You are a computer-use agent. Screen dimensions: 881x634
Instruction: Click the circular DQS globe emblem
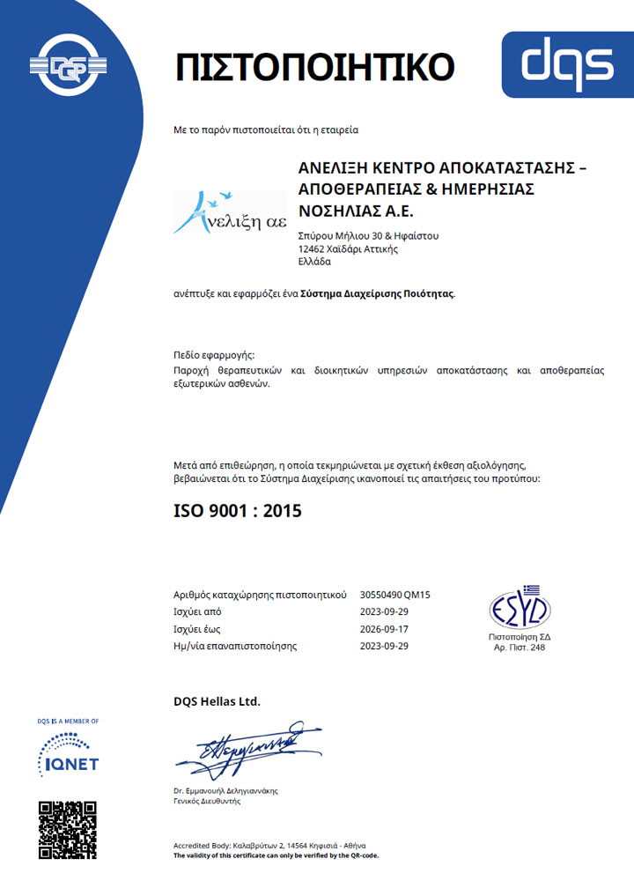pos(66,65)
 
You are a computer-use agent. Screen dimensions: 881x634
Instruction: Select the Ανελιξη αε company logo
pos(230,212)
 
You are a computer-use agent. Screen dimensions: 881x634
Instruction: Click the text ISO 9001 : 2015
pos(238,511)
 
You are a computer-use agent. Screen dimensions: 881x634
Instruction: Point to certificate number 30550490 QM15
pos(395,595)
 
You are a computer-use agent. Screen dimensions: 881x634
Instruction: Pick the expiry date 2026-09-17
pos(385,629)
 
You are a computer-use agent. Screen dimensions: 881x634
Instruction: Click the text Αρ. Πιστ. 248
pos(520,648)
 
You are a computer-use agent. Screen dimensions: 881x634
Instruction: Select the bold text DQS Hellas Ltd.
pos(217,701)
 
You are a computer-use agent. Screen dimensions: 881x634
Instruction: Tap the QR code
pos(67,829)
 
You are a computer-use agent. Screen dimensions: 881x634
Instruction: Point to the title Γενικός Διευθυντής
pos(207,801)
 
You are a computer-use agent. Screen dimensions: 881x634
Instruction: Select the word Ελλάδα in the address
pos(315,262)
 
